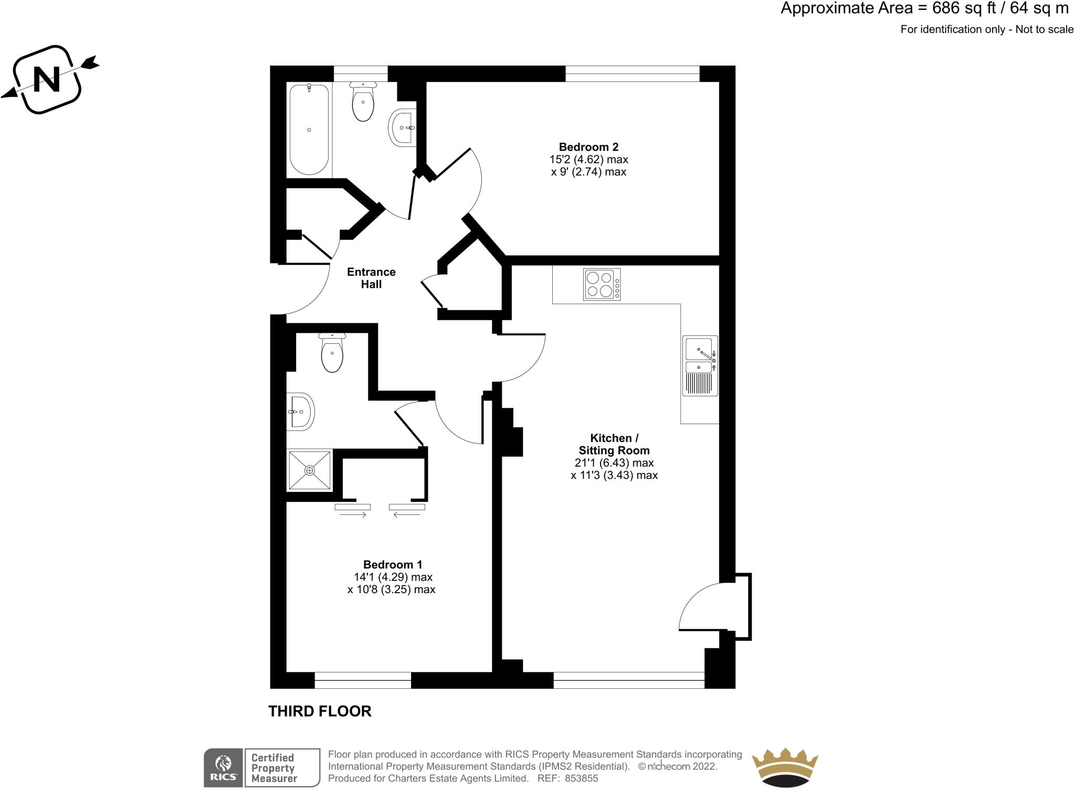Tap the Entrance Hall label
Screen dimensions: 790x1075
tap(371, 278)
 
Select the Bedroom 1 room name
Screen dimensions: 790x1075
tap(393, 565)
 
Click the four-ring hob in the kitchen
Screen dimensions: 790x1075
tap(602, 285)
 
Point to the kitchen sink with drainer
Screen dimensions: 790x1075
tap(700, 366)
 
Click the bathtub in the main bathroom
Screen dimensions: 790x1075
tap(309, 129)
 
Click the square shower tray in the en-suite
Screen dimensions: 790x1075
tap(310, 470)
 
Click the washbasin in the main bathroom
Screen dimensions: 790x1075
tap(403, 127)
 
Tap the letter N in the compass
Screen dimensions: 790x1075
tap(46, 79)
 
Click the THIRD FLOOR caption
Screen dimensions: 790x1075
tap(320, 711)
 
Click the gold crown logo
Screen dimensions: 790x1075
tap(785, 767)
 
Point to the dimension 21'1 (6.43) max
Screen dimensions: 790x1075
tap(614, 463)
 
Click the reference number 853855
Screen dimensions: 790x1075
tap(582, 778)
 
